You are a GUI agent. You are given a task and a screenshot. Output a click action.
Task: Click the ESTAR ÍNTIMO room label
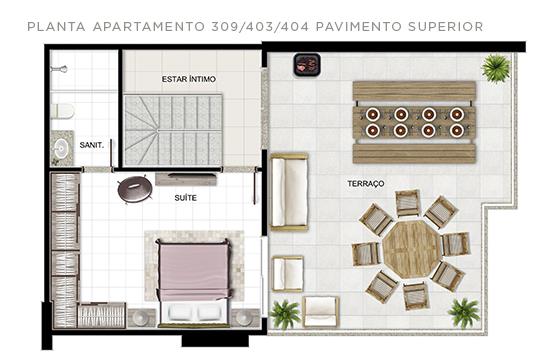pyautogui.click(x=189, y=79)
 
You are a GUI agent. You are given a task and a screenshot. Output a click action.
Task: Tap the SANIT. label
pyautogui.click(x=92, y=145)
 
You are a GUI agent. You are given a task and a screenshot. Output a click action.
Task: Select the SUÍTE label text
pyautogui.click(x=185, y=198)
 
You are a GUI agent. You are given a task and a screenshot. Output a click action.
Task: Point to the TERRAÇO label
pyautogui.click(x=366, y=184)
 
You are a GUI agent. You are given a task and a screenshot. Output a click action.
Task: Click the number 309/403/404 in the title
pyautogui.click(x=260, y=27)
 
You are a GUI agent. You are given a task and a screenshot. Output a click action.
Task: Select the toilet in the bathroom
pyautogui.click(x=62, y=111)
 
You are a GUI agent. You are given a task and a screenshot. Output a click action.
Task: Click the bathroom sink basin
pyautogui.click(x=61, y=148)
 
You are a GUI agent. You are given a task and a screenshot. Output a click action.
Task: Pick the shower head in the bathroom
pyautogui.click(x=59, y=69)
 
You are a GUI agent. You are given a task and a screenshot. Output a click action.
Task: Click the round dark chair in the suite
pyautogui.click(x=134, y=189)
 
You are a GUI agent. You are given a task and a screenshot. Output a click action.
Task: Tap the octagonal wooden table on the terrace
pyautogui.click(x=412, y=249)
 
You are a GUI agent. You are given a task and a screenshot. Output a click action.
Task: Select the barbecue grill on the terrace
pyautogui.click(x=307, y=65)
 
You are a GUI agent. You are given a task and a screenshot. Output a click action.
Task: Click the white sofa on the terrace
pyautogui.click(x=289, y=192)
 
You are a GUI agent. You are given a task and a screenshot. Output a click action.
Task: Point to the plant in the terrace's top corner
pyautogui.click(x=496, y=68)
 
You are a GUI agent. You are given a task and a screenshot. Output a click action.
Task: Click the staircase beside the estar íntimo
pyautogui.click(x=173, y=130)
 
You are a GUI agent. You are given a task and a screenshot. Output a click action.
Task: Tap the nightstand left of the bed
pyautogui.click(x=142, y=318)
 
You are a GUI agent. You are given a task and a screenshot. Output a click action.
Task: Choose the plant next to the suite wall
pyautogui.click(x=284, y=314)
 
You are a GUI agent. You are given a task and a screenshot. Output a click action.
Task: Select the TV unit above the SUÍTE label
pyautogui.click(x=186, y=179)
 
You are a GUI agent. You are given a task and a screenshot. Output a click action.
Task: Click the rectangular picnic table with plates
pyautogui.click(x=414, y=122)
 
